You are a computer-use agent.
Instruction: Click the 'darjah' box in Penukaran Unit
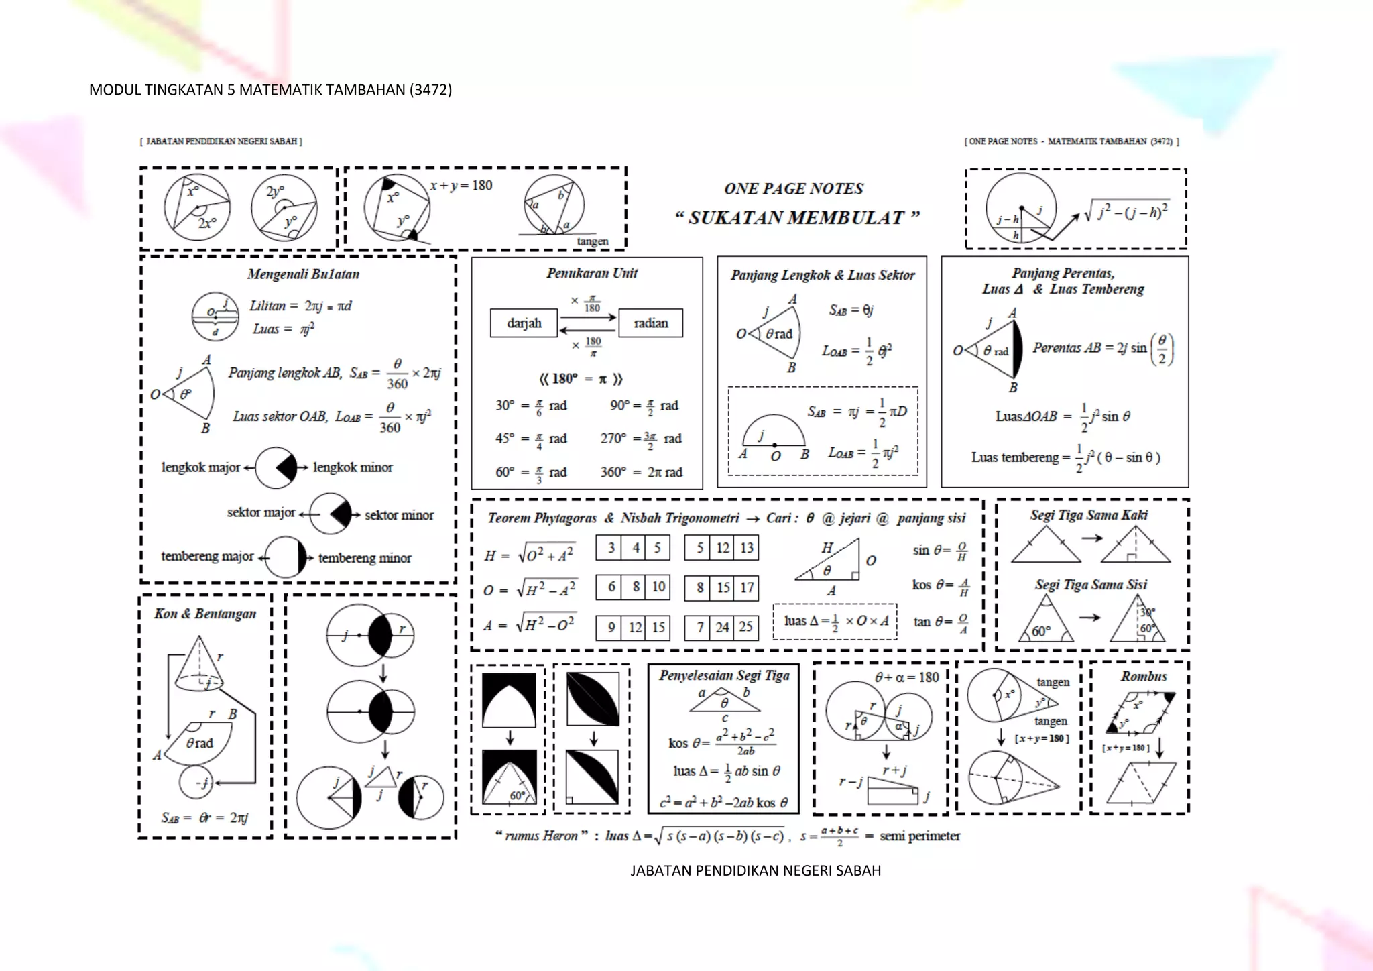[x=524, y=323]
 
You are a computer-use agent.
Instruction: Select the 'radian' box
[x=650, y=323]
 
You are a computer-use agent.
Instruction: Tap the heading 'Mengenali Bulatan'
[x=303, y=274]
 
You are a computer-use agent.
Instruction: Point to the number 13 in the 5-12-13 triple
[x=746, y=548]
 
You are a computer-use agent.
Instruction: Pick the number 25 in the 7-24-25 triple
[x=745, y=627]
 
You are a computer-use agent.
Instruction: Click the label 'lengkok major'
[x=200, y=467]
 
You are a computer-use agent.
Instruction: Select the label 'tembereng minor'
[x=365, y=558]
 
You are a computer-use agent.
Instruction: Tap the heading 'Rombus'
[x=1143, y=676]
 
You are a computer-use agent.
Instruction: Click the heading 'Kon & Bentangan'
[x=205, y=614]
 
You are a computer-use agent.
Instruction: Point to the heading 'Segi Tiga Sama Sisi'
[x=1091, y=585]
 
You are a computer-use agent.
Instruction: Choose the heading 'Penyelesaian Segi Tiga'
[x=724, y=675]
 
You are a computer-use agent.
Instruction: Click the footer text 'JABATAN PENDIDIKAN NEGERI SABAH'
[x=756, y=870]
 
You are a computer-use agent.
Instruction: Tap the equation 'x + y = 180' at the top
[x=461, y=186]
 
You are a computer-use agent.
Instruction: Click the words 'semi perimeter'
[x=920, y=836]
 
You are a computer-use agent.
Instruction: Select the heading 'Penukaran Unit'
[x=591, y=273]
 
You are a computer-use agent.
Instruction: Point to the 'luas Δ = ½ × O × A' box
[x=835, y=622]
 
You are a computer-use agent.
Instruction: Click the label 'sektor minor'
[x=399, y=515]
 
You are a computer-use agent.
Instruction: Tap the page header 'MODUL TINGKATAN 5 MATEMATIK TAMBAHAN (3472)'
[x=270, y=90]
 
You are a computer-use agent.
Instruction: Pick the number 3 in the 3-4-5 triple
[x=611, y=548]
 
